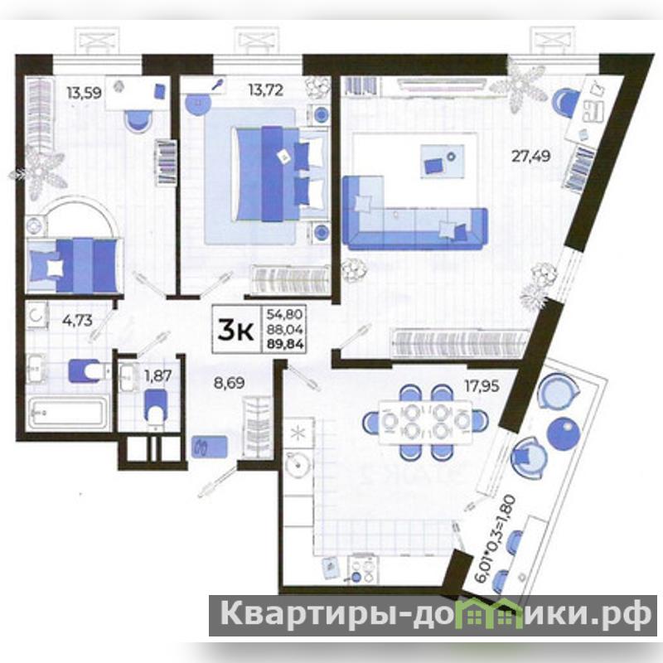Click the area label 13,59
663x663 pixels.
point(85,92)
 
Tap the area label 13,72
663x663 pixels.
point(265,90)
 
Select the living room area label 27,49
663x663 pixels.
point(531,157)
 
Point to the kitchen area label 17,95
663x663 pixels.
point(482,385)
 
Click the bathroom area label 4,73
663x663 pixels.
point(77,320)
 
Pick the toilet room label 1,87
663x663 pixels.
point(157,375)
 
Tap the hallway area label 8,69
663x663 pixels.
point(229,383)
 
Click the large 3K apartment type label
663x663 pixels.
point(236,331)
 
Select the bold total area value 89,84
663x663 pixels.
point(285,344)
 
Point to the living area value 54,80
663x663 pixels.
point(284,314)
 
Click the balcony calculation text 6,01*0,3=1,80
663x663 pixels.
point(495,540)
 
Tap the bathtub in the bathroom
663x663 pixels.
point(66,413)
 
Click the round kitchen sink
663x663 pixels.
point(298,465)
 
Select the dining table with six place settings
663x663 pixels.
point(426,422)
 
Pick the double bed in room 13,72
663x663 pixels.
point(280,174)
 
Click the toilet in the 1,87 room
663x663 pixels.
point(157,406)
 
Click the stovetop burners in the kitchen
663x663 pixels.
point(364,569)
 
